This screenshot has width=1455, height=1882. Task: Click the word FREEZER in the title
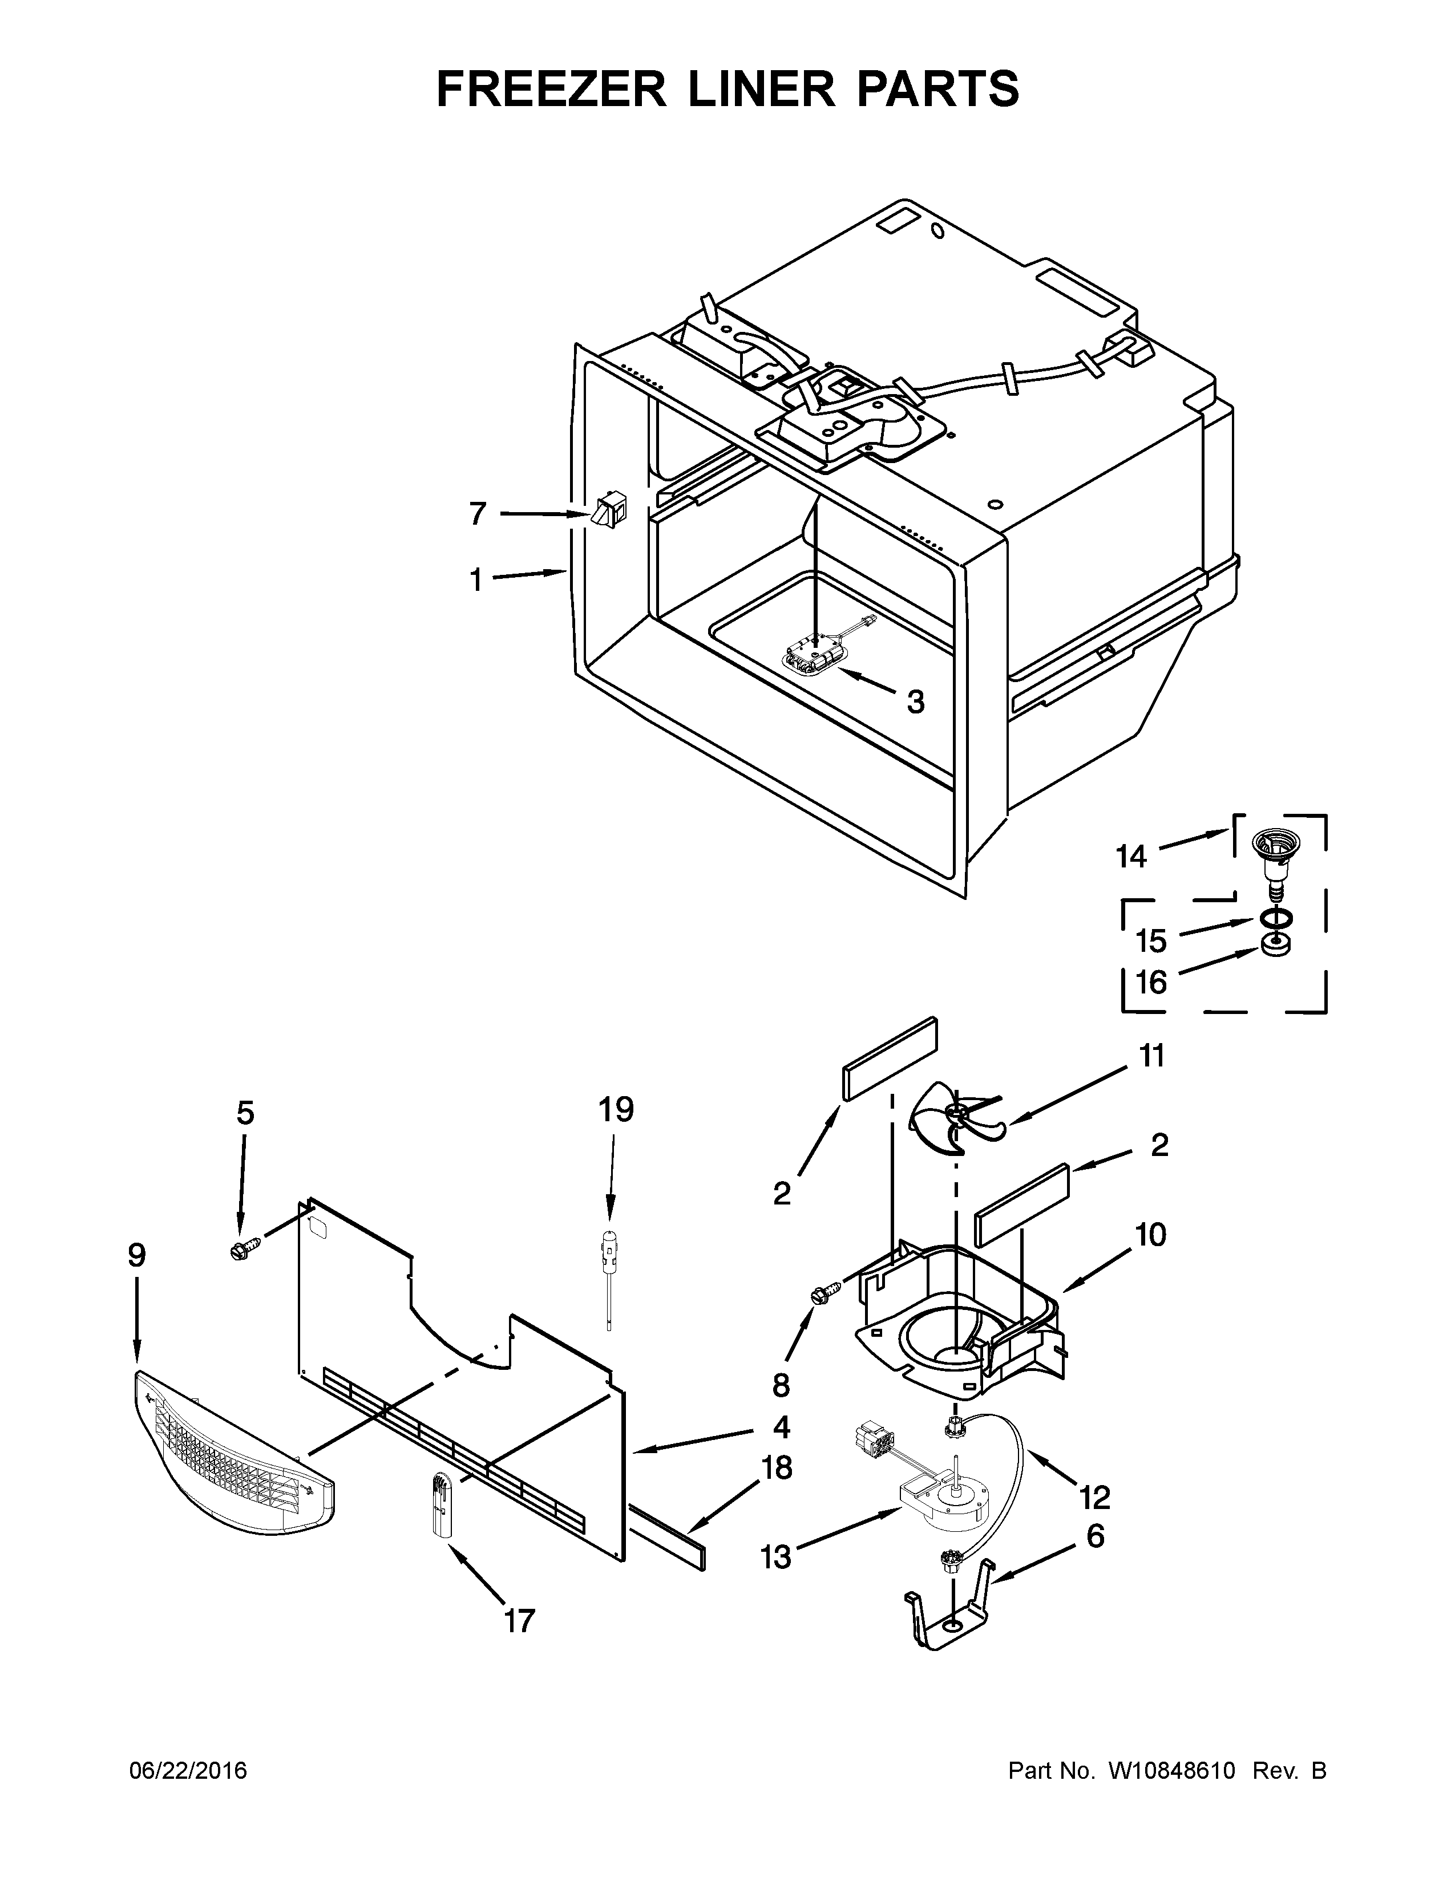[552, 89]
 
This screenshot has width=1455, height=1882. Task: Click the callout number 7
[478, 514]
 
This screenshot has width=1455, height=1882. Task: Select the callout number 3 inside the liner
[915, 701]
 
